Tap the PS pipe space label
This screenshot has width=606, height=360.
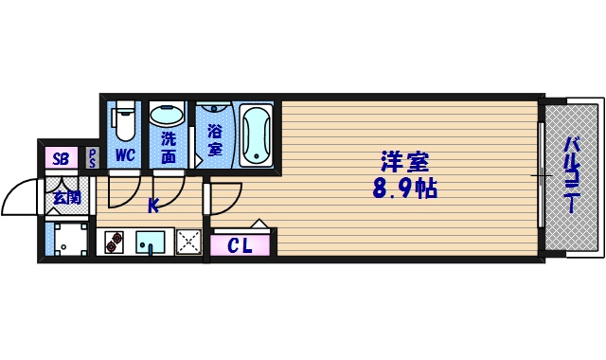click(93, 158)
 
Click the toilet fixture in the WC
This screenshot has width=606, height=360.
click(124, 123)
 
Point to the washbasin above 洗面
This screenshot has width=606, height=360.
click(169, 116)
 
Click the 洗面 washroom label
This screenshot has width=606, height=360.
click(169, 147)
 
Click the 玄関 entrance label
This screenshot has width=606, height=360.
click(65, 198)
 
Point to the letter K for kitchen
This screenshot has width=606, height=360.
click(152, 202)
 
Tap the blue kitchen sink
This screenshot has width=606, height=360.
click(150, 243)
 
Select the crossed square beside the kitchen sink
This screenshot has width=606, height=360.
click(188, 243)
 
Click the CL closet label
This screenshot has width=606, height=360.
click(241, 247)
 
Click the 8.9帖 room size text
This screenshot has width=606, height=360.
click(404, 189)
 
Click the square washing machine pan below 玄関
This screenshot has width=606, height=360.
click(69, 241)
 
